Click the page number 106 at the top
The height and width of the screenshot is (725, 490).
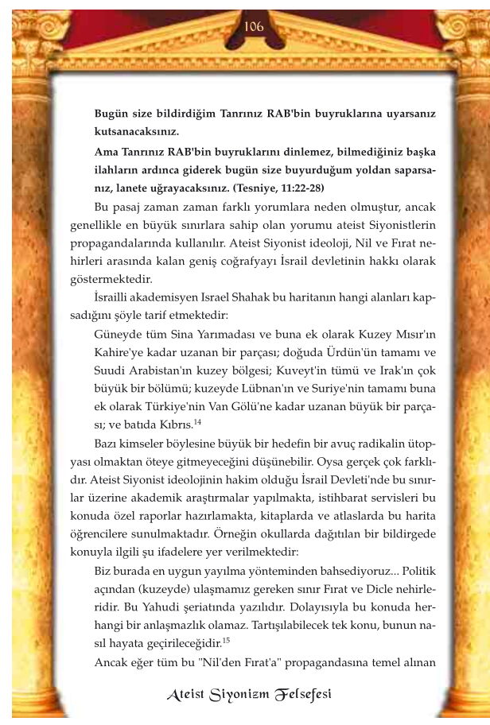(254, 25)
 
